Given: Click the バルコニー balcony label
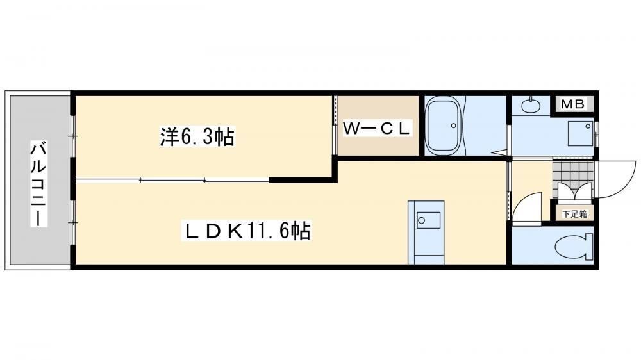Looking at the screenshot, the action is pyautogui.click(x=39, y=184).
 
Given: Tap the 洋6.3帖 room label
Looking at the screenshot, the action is pyautogui.click(x=197, y=136).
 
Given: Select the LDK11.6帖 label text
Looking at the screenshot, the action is pyautogui.click(x=247, y=231).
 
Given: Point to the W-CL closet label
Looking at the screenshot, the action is pyautogui.click(x=376, y=129).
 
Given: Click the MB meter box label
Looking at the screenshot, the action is pyautogui.click(x=572, y=104).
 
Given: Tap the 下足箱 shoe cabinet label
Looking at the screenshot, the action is pyautogui.click(x=575, y=214).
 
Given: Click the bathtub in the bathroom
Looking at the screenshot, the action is pyautogui.click(x=443, y=126).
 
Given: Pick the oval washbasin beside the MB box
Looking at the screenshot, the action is pyautogui.click(x=531, y=106).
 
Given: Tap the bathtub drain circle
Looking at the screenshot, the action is pyautogui.click(x=453, y=126).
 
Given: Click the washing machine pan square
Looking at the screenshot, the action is pyautogui.click(x=581, y=133).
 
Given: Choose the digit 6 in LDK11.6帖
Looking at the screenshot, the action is pyautogui.click(x=284, y=231).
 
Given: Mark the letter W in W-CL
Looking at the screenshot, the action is pyautogui.click(x=351, y=129).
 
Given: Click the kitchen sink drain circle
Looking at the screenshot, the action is pyautogui.click(x=422, y=220).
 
